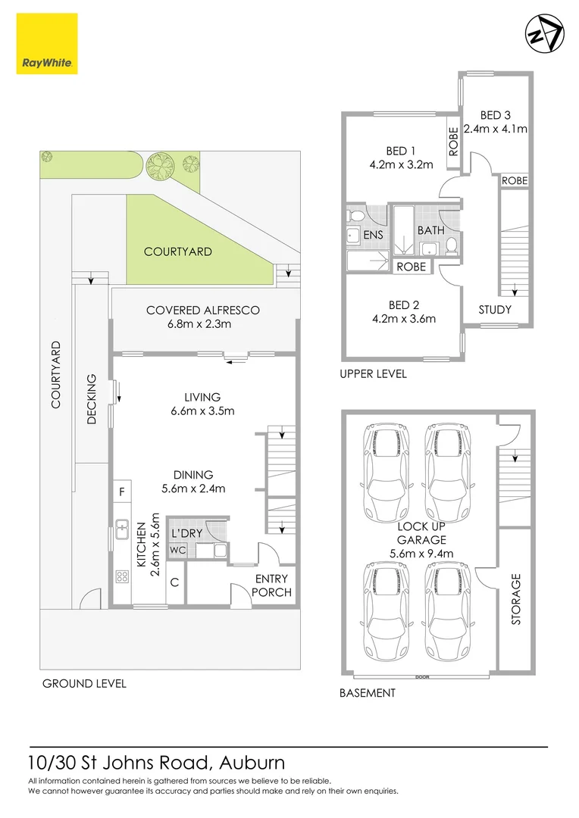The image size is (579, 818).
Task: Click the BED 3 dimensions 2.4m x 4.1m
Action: point(495,129)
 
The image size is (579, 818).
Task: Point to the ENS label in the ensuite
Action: point(373,236)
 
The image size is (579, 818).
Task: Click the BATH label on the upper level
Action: point(430,229)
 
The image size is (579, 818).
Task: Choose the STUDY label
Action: point(495,309)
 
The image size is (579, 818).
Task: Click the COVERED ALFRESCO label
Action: point(203,310)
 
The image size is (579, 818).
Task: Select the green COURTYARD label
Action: point(178,251)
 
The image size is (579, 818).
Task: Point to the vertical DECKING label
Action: point(92,398)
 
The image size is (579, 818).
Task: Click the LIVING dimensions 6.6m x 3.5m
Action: point(202,411)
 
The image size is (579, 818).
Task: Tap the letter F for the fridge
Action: point(122,492)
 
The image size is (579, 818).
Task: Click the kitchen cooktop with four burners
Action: point(122,576)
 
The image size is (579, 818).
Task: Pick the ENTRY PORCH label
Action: point(271,585)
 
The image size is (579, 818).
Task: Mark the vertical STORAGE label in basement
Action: point(516,599)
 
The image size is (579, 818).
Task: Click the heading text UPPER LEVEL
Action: point(373,373)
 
